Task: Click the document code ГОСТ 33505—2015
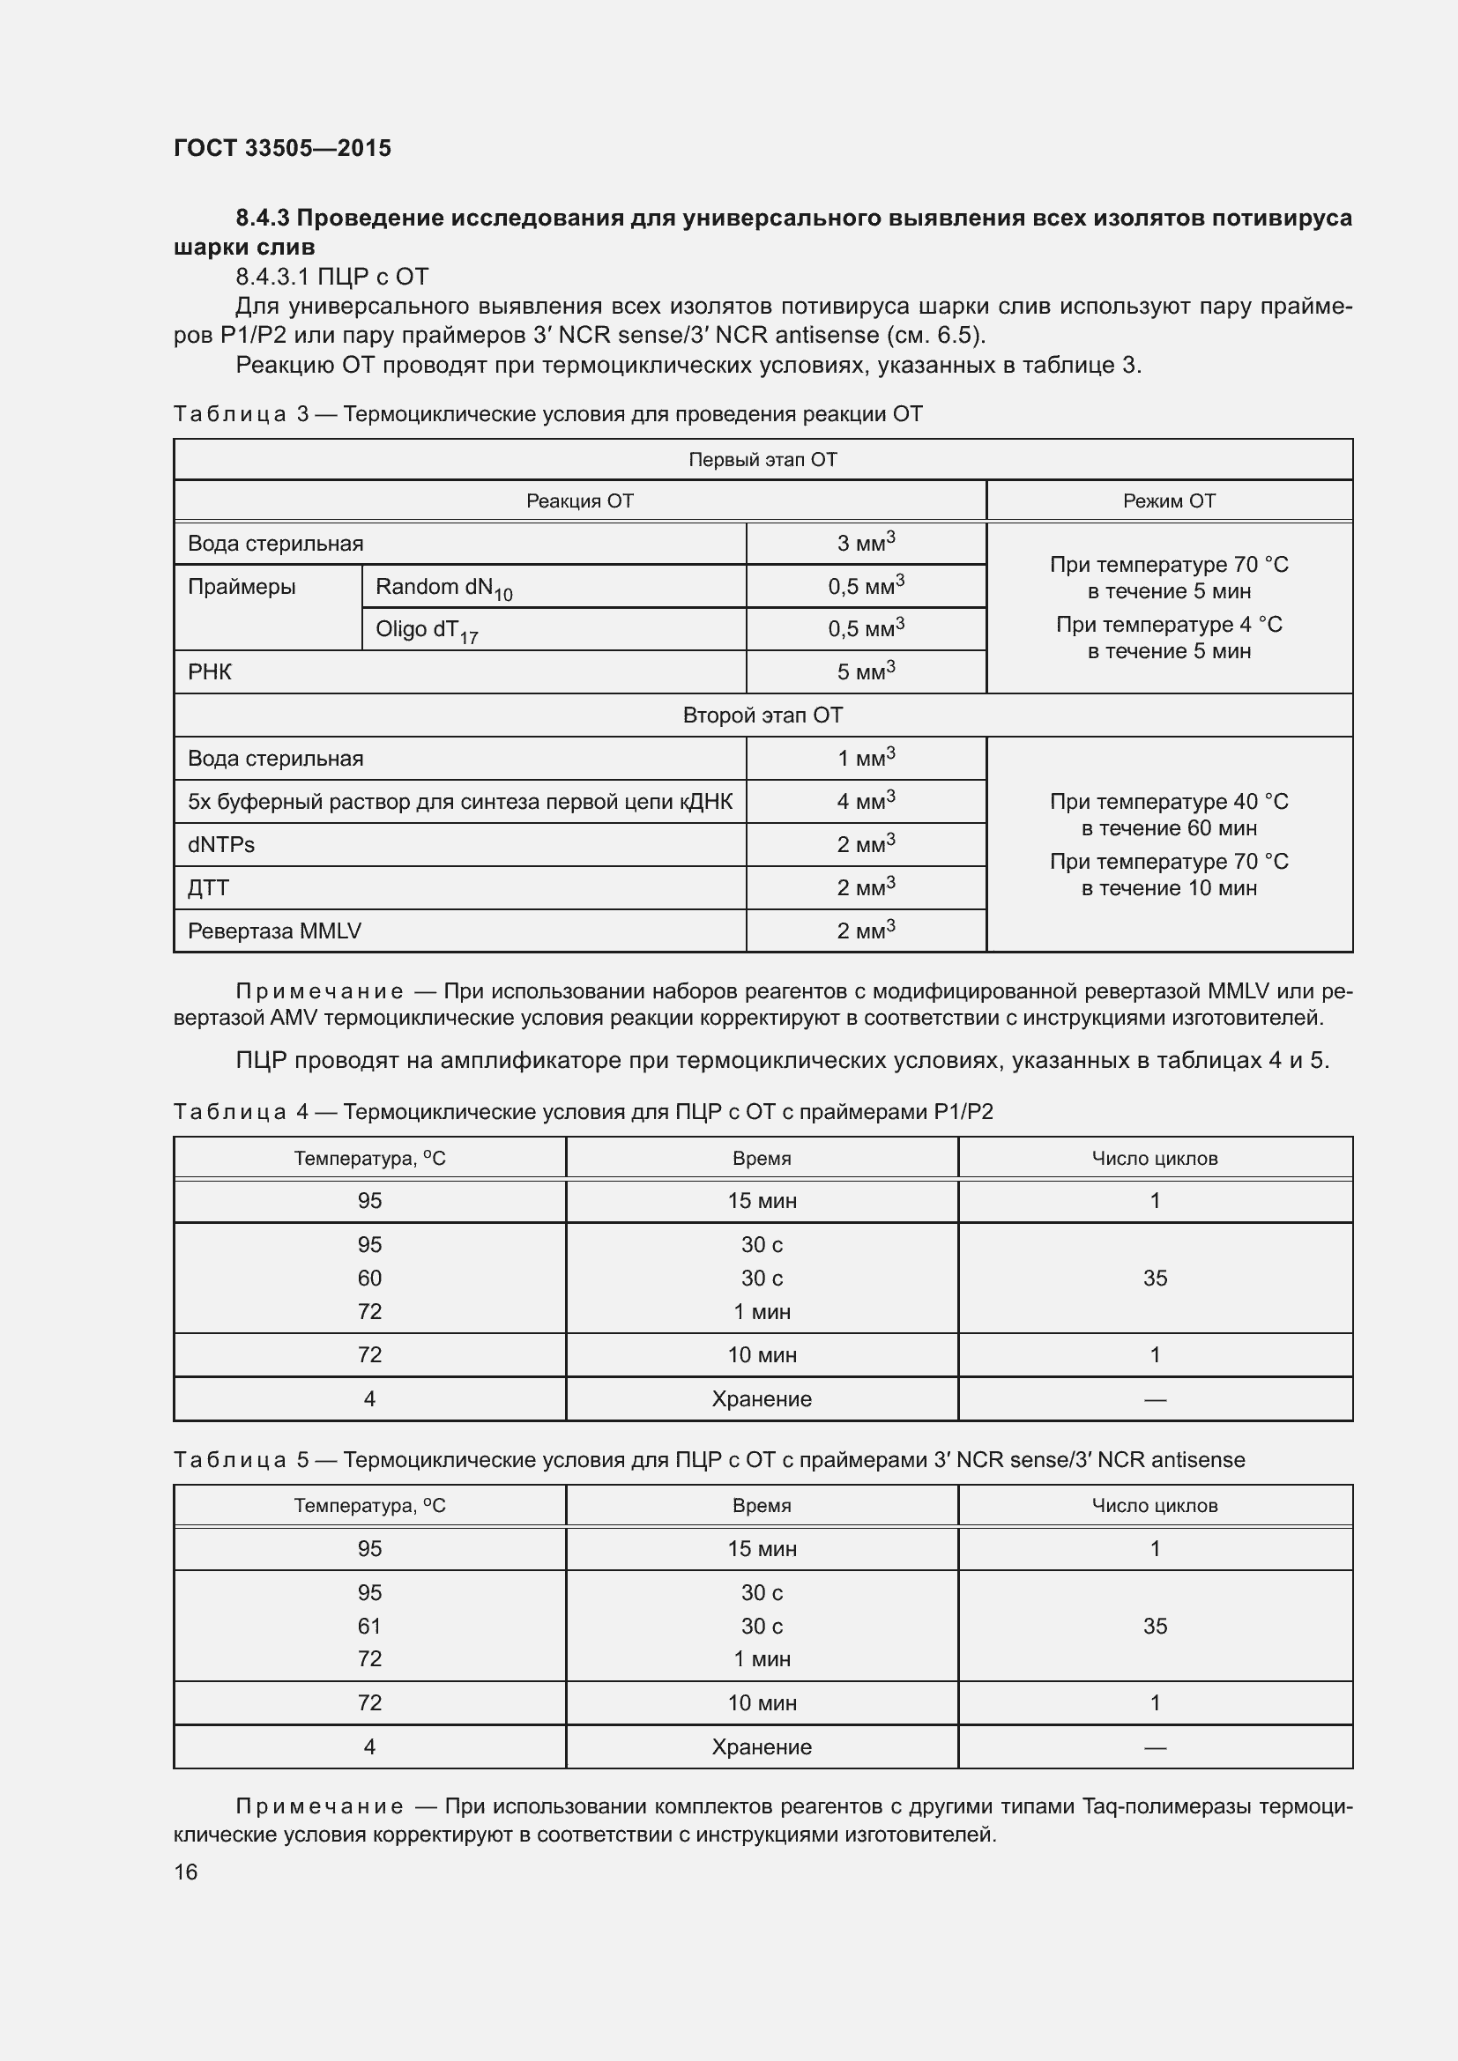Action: coord(282,148)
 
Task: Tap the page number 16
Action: coord(186,1872)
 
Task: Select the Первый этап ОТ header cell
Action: coord(762,460)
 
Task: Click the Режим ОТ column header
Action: coord(1169,500)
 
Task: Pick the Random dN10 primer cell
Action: coord(443,588)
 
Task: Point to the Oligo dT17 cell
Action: coord(427,631)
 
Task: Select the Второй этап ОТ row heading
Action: coord(762,715)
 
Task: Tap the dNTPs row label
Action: coord(221,845)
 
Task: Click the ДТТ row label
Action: coord(208,888)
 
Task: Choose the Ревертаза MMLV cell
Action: coord(274,930)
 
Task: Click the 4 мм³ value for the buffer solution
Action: coord(866,801)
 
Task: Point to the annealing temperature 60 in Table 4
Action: coord(369,1279)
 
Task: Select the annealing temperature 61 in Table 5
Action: coord(369,1626)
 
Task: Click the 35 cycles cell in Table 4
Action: coord(1155,1279)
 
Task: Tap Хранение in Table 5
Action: coord(762,1746)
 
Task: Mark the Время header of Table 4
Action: coord(762,1159)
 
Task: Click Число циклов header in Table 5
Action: coord(1155,1506)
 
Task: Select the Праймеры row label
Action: coord(242,587)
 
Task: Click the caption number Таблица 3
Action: coord(241,414)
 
